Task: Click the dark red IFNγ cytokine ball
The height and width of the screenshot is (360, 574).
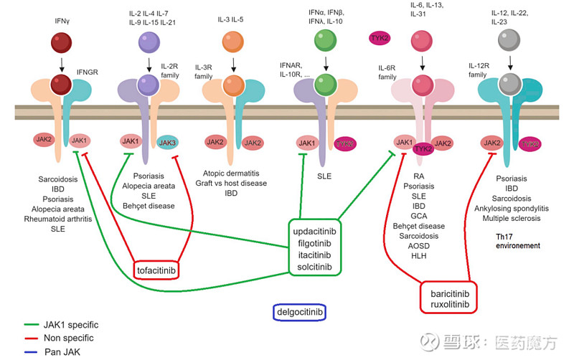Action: [x=62, y=42]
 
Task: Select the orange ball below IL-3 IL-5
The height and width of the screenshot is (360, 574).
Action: [x=232, y=42]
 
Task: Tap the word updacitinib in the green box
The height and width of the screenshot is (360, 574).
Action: [x=314, y=231]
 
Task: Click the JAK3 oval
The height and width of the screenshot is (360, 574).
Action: [x=167, y=142]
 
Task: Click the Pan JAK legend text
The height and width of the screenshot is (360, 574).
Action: [x=63, y=351]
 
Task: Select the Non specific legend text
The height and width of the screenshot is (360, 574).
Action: [x=69, y=337]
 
